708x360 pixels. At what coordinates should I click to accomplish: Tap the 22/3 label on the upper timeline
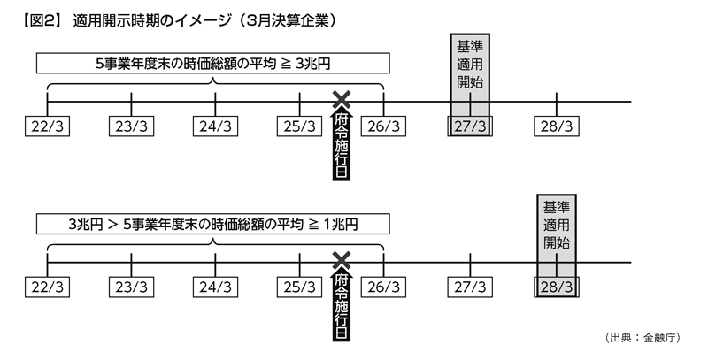pos(47,126)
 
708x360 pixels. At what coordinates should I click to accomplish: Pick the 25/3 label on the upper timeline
pos(300,126)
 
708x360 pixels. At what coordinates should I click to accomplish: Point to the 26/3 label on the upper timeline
pos(384,126)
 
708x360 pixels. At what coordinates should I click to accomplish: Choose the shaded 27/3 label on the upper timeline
pos(469,126)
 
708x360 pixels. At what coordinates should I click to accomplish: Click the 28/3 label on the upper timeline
pos(556,126)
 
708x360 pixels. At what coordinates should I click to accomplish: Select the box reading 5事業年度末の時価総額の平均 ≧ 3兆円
pos(212,64)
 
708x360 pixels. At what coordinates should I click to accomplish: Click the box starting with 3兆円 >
pos(212,223)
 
